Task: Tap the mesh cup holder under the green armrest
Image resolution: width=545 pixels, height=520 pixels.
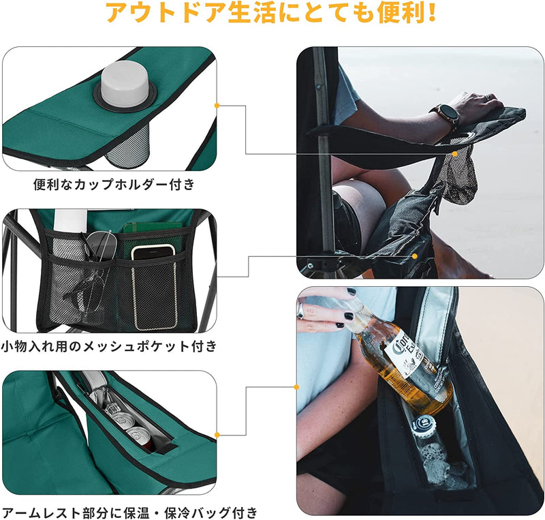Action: pyautogui.click(x=128, y=146)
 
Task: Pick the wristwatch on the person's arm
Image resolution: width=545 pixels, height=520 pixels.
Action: pyautogui.click(x=446, y=116)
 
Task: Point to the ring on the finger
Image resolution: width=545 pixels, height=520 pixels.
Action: pyautogui.click(x=301, y=311)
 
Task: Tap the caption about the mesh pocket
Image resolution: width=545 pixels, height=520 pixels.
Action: pyautogui.click(x=109, y=346)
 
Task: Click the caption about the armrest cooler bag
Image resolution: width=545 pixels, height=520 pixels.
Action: pyautogui.click(x=129, y=510)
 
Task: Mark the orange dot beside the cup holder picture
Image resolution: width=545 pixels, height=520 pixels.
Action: pyautogui.click(x=217, y=106)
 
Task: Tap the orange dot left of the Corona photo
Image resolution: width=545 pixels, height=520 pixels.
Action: pyautogui.click(x=297, y=387)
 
